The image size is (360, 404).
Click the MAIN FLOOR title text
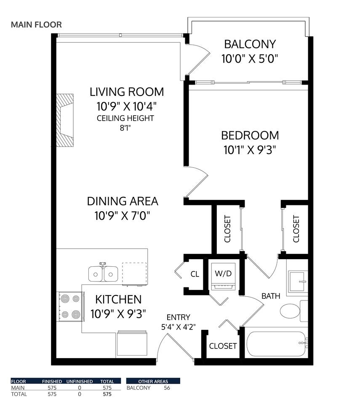point(36,24)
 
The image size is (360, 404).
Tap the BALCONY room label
point(250,44)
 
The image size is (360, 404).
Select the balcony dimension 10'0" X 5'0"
point(250,58)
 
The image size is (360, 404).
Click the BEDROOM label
point(250,136)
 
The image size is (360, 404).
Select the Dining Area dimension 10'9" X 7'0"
point(123,216)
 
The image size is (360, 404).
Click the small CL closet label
point(195,274)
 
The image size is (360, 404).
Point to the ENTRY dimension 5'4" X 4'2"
point(178,326)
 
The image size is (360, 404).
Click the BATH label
point(271,296)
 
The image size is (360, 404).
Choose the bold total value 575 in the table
point(107,394)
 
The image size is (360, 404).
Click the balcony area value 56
point(167,388)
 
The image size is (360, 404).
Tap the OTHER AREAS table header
point(153,381)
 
